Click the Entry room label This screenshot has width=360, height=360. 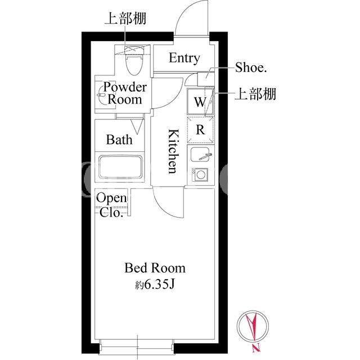click(184, 58)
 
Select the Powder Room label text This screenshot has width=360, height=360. click(125, 93)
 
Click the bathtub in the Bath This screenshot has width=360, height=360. click(120, 167)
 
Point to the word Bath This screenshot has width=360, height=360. click(119, 139)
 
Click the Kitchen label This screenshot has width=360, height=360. click(174, 151)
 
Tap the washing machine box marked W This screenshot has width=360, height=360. click(200, 101)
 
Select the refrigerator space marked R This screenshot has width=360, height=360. click(200, 130)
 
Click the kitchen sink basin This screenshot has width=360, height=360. click(200, 154)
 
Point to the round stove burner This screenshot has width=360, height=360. click(201, 174)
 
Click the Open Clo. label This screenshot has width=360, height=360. click(111, 205)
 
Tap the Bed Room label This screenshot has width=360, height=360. click(155, 268)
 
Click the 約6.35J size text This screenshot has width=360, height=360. click(155, 284)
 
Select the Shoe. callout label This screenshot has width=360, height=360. click(251, 67)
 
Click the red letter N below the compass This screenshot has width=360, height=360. click(256, 348)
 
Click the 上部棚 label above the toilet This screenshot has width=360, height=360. click(125, 18)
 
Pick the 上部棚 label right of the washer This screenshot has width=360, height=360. click(255, 94)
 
